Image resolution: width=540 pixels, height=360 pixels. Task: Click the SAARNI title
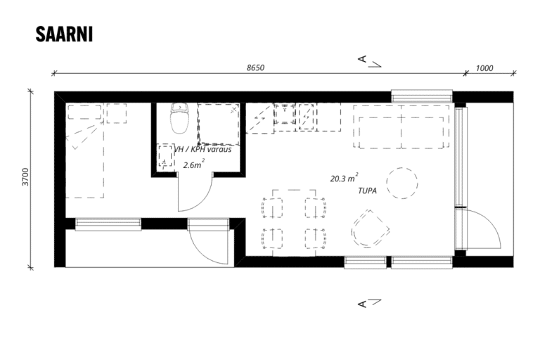click(x=64, y=34)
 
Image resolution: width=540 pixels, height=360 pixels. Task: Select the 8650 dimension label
click(x=255, y=67)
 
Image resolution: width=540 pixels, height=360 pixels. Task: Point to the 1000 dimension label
click(x=484, y=68)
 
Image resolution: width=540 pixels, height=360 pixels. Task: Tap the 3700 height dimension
click(x=25, y=176)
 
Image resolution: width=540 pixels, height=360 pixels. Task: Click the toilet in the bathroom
click(x=180, y=118)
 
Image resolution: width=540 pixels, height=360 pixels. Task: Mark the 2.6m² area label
click(x=194, y=164)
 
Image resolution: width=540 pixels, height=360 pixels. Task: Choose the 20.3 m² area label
click(x=344, y=178)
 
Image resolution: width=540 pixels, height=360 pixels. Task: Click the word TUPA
click(x=367, y=191)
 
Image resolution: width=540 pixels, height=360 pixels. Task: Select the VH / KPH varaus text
click(x=202, y=150)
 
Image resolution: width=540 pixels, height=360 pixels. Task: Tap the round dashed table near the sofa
click(x=402, y=183)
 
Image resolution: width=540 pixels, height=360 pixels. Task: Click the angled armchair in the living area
click(x=371, y=229)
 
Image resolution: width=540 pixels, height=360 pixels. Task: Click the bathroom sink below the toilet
click(x=165, y=157)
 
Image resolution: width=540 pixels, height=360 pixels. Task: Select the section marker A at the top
click(x=362, y=59)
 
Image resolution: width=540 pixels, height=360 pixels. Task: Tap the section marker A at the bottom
click(x=362, y=304)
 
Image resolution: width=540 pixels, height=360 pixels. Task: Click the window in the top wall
click(x=422, y=96)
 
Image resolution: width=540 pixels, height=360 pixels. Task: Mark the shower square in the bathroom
click(x=219, y=124)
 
